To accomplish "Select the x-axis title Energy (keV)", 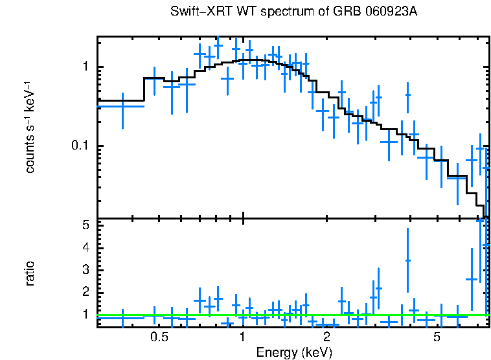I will pos(294,352).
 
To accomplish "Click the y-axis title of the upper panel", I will pos(30,127).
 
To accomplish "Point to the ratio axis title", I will pos(30,273).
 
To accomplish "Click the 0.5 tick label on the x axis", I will pos(159,338).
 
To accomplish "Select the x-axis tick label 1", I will pos(242,338).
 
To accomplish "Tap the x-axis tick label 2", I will pos(326,338).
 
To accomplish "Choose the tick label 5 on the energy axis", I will pos(437,338).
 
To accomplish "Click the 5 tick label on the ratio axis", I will pos(85,225).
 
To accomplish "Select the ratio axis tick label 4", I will pos(85,247).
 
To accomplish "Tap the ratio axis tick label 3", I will pos(85,269).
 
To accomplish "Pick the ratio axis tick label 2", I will pos(85,292).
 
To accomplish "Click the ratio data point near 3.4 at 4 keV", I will pos(407,260).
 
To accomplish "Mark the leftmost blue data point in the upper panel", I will pos(122,106).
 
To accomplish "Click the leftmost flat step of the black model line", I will pos(120,100).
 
